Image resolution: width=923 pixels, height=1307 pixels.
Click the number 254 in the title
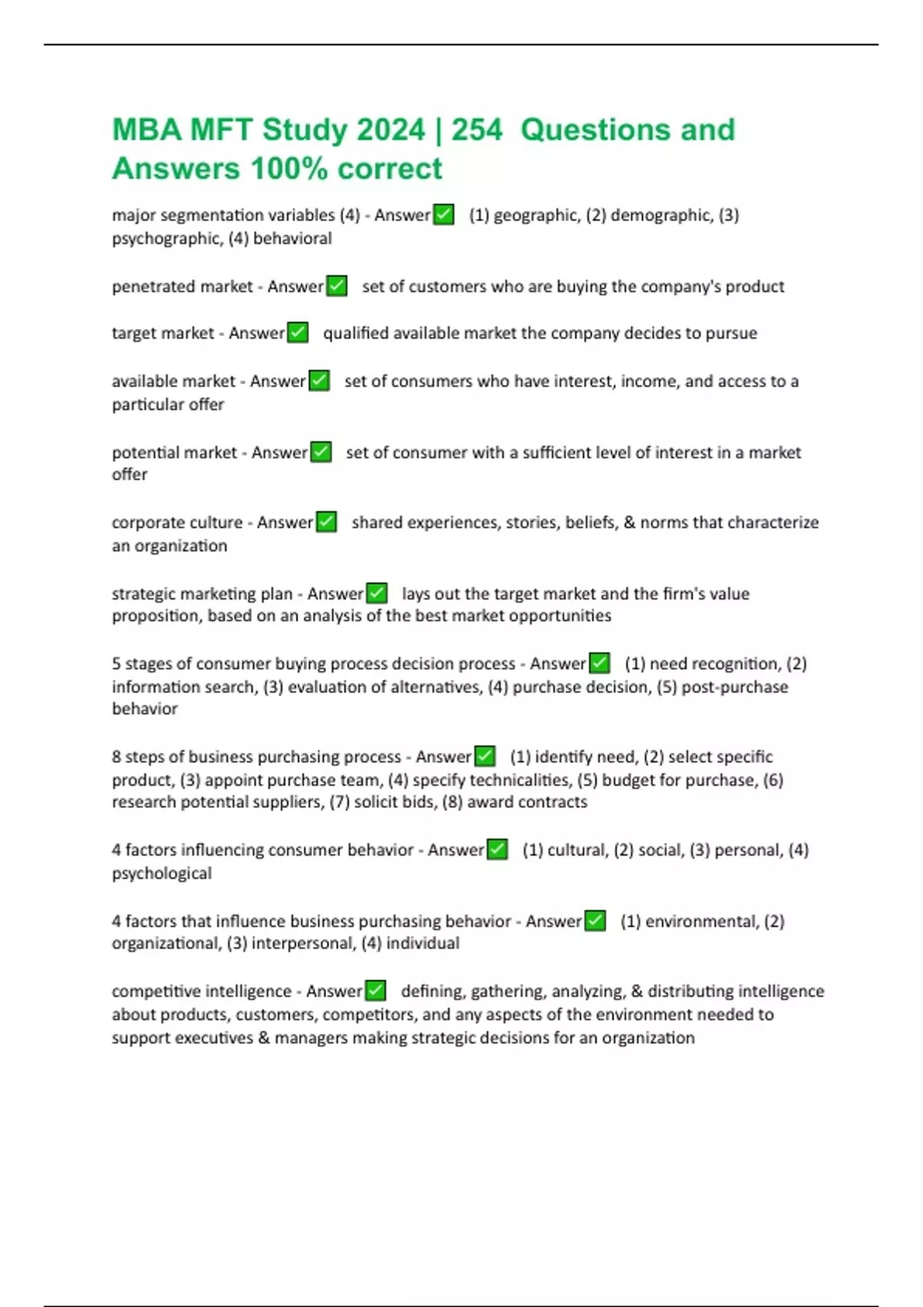(477, 130)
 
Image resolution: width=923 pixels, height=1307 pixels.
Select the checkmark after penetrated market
(337, 286)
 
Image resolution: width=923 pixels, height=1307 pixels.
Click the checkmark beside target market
(298, 333)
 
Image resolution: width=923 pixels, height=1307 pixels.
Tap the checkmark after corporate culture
(326, 522)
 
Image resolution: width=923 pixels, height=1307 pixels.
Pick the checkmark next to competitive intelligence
(375, 991)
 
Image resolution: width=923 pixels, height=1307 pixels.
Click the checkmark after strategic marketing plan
(377, 594)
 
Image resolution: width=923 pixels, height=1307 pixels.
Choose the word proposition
(157, 616)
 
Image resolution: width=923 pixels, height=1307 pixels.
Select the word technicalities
(519, 780)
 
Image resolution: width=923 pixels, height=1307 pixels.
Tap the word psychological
(162, 873)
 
